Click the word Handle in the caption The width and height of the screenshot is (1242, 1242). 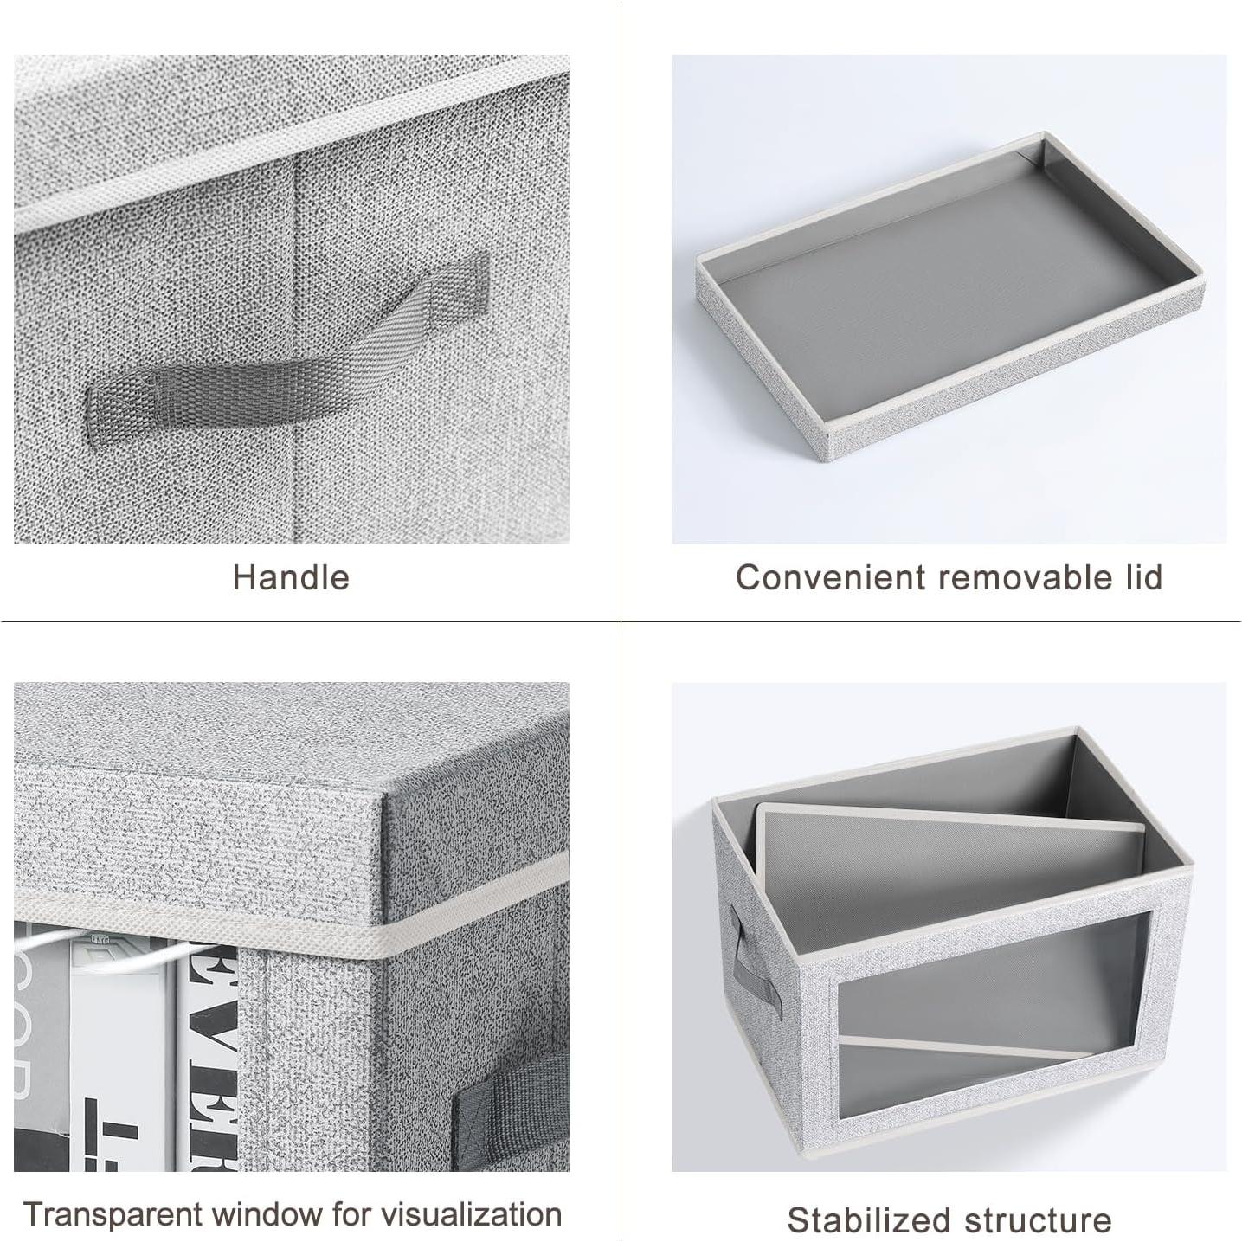coord(291,577)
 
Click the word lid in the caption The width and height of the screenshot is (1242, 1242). coord(1141,577)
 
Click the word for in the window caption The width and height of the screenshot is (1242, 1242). coord(352,1214)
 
